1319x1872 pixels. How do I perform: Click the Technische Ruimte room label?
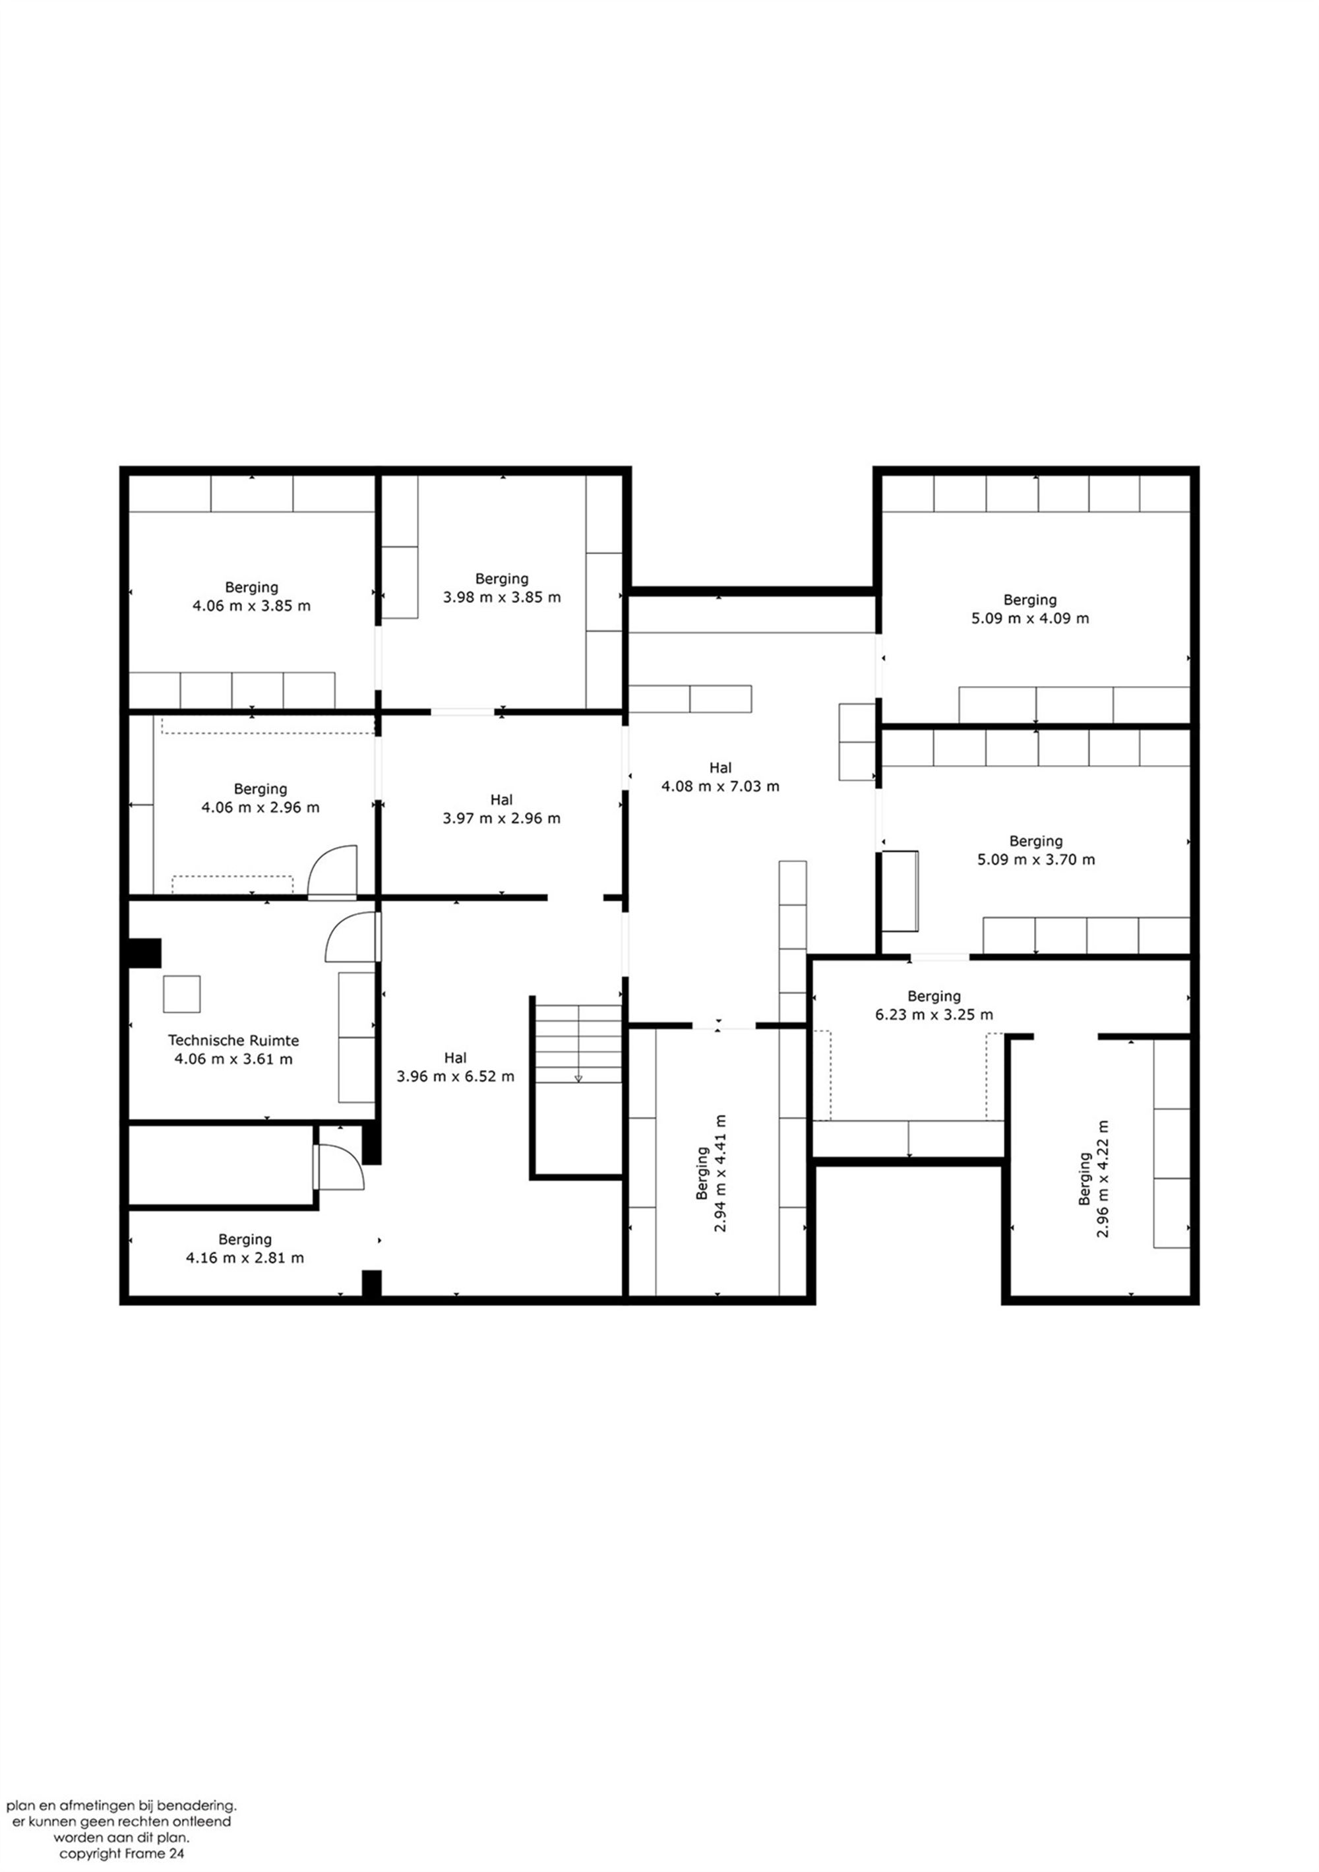point(233,1040)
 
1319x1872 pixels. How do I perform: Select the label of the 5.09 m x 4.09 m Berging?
point(1029,600)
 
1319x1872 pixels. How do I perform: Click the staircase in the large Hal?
point(577,1044)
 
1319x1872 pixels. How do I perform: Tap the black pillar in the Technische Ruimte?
point(144,953)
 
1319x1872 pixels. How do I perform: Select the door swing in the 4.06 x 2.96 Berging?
point(332,871)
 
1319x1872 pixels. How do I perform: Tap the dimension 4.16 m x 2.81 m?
point(245,1258)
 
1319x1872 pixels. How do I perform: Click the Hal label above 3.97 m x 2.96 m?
point(501,800)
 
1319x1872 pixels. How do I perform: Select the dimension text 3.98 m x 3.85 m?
point(501,597)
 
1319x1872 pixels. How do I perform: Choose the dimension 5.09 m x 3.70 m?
point(1036,859)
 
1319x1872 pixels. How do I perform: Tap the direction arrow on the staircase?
point(578,1078)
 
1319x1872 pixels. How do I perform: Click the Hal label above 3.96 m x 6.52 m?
point(455,1057)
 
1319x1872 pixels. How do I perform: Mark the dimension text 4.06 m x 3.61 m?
point(233,1059)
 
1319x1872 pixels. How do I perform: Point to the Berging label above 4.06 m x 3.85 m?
point(251,588)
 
